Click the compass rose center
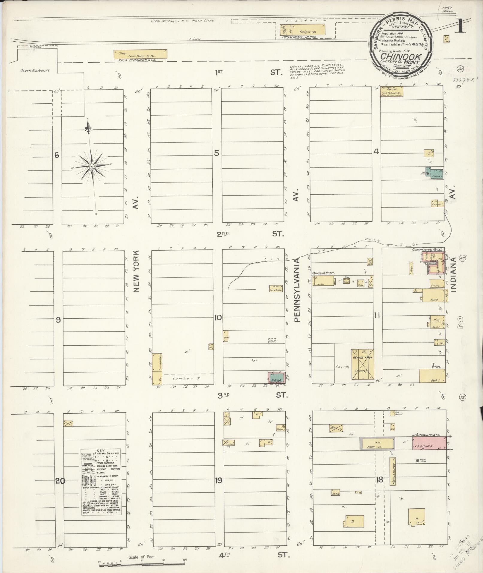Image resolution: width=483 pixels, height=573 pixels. coord(92,166)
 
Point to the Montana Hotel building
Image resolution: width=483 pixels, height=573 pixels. coord(323,281)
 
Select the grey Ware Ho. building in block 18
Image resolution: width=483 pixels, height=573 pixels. coord(377,447)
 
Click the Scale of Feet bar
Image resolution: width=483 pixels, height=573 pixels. coord(143,565)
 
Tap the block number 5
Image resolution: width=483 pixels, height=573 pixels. coord(216,153)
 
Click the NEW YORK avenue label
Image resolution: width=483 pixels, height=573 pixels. coord(137,271)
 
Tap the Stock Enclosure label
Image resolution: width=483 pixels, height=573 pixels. coord(35,71)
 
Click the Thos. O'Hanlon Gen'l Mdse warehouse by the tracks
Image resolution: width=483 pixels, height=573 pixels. coord(140,54)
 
